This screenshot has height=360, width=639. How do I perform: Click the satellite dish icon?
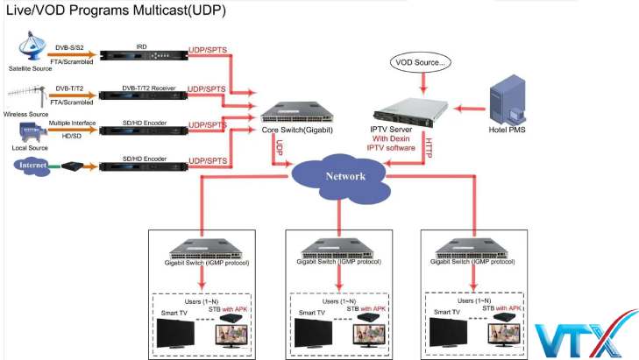(34, 44)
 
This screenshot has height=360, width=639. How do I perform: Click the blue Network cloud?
(341, 173)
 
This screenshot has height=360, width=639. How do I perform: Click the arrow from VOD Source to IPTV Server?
(422, 84)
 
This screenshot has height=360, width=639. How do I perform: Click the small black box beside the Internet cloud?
(73, 165)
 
